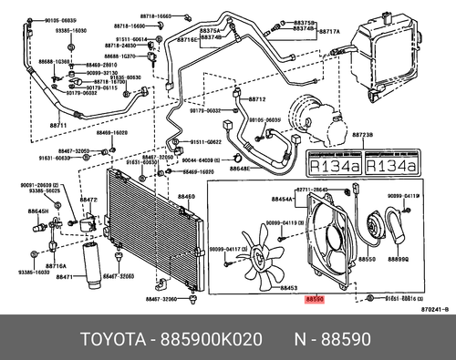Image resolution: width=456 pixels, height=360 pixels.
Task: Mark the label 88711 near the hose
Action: [58, 124]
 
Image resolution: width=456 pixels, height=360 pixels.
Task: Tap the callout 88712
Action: [256, 98]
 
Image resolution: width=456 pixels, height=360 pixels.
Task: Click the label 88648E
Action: [239, 169]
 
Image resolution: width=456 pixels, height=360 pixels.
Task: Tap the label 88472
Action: [88, 199]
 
